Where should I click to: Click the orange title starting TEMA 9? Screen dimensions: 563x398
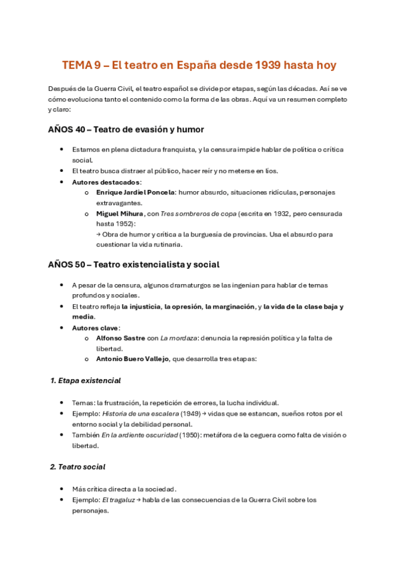199,65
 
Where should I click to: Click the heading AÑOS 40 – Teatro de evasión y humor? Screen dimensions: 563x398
126,129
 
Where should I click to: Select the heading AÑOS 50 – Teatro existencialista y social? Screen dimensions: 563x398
134,264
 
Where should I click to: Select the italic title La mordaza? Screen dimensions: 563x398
188,338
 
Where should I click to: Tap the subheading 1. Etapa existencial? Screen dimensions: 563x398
86,381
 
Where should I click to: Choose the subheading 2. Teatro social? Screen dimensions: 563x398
78,467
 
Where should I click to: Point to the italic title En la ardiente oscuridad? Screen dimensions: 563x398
140,435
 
